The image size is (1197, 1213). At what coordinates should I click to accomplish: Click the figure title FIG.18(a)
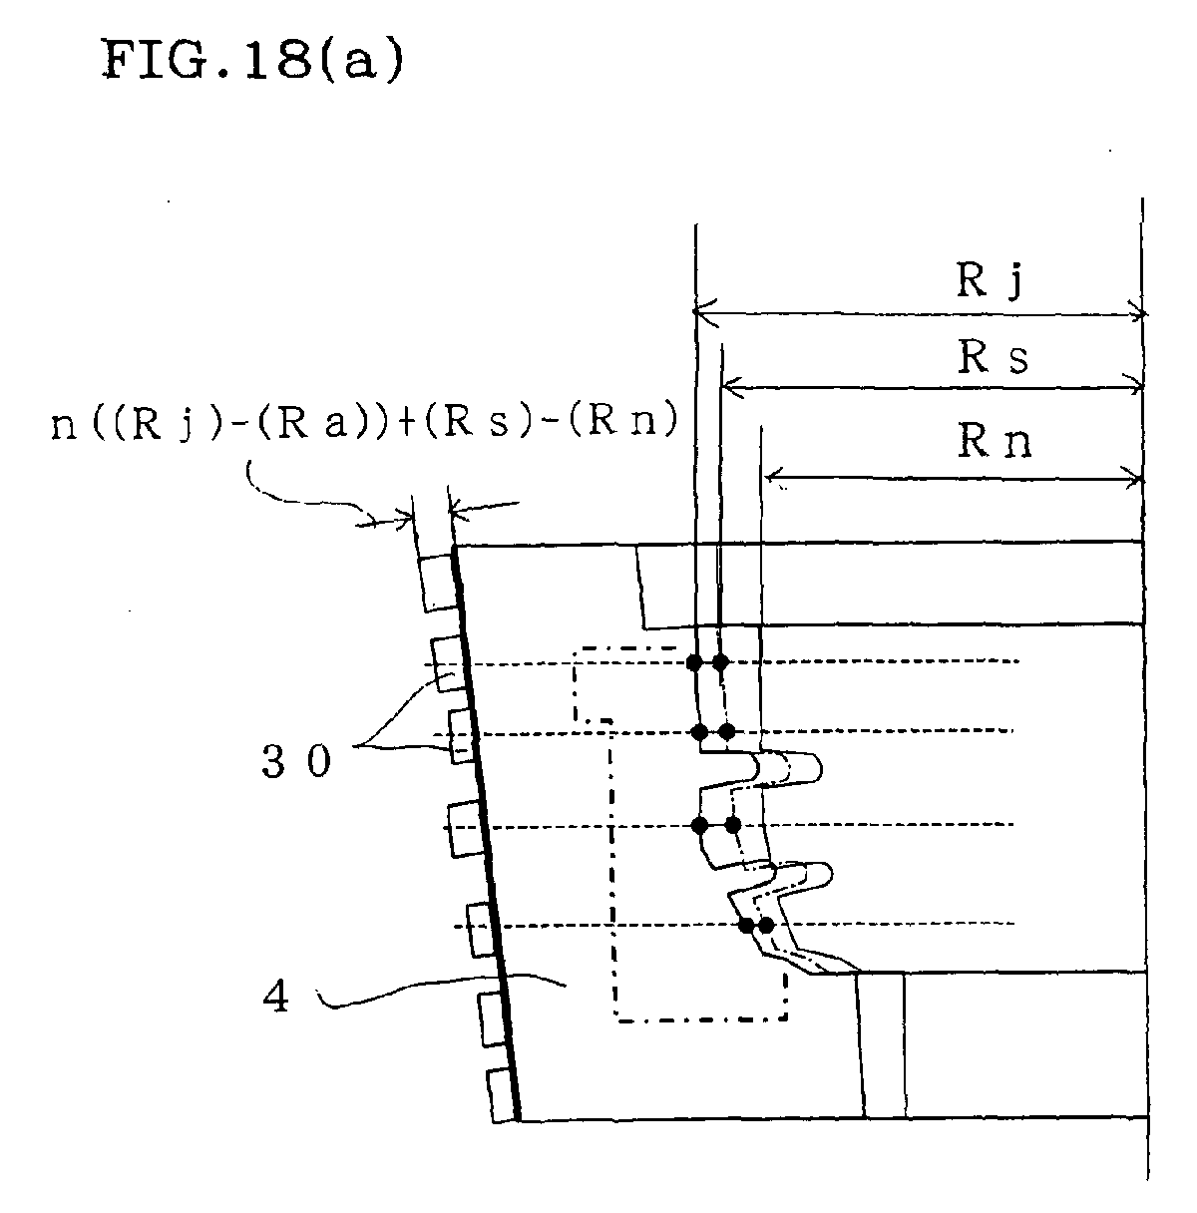(x=251, y=61)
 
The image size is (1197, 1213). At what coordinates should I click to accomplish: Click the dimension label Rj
(x=990, y=280)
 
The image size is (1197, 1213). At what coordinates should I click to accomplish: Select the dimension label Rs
(x=993, y=357)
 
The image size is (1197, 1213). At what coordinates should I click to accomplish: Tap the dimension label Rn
(x=995, y=441)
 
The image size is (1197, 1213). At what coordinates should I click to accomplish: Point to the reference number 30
(x=296, y=760)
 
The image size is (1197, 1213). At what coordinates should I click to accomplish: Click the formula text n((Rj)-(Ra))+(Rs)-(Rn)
(x=364, y=422)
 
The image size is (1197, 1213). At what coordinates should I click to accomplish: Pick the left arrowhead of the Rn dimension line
(x=773, y=477)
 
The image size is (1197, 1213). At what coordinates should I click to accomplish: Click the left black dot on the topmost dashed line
(x=694, y=662)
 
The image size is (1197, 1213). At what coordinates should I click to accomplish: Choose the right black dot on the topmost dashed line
(x=721, y=662)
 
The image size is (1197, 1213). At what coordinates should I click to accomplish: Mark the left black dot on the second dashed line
(x=699, y=731)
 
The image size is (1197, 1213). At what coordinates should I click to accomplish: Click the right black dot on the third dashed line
(x=733, y=825)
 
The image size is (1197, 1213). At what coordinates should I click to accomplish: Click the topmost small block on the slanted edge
(x=438, y=583)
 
